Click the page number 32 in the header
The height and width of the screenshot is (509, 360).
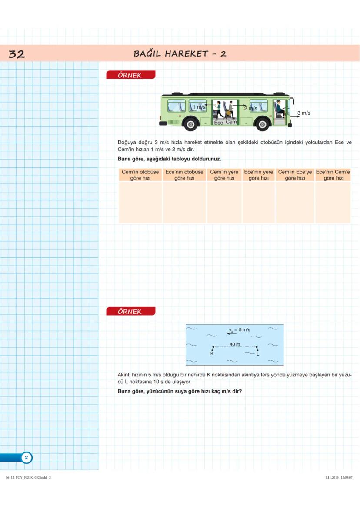tap(17, 54)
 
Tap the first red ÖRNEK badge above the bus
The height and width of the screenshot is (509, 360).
tap(130, 75)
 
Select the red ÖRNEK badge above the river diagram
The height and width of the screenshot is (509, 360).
tap(130, 312)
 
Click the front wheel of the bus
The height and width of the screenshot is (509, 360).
tap(262, 124)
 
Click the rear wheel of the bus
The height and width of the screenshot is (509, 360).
tap(190, 124)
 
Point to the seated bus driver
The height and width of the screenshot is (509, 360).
tap(279, 109)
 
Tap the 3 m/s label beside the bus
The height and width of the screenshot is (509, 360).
tap(303, 113)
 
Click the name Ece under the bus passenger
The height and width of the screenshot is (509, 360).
tap(219, 123)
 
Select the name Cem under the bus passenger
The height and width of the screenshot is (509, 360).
tap(231, 123)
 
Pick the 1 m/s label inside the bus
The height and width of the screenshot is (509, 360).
tap(199, 107)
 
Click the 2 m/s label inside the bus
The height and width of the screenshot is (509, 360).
tap(251, 108)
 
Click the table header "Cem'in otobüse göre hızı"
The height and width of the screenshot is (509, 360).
tap(140, 175)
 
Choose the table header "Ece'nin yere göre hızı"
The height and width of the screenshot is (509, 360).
tap(258, 175)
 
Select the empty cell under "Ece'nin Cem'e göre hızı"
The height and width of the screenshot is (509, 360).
tap(333, 202)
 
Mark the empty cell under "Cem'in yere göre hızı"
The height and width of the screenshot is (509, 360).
tap(224, 202)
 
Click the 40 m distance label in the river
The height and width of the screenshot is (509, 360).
tap(235, 344)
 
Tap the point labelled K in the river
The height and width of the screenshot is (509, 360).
tap(212, 349)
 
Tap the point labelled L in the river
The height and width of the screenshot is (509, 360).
tap(257, 349)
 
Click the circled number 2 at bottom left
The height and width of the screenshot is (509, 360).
tap(26, 458)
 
